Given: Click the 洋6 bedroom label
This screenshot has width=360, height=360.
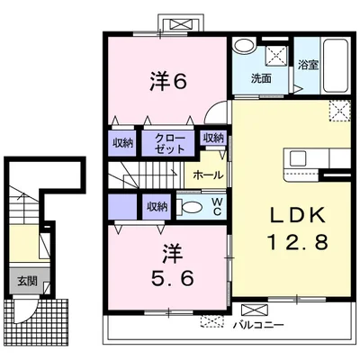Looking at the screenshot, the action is [x=168, y=82].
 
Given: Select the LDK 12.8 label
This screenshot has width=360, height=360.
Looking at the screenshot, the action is [x=298, y=229].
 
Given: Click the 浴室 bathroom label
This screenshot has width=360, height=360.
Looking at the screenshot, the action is [x=308, y=65].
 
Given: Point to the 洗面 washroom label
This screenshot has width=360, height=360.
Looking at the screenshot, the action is [x=261, y=78].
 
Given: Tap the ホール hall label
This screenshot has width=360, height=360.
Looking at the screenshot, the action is [x=208, y=175].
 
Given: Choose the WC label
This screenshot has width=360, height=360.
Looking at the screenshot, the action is [x=217, y=206].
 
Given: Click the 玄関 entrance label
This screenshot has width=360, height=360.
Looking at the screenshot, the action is [x=27, y=281].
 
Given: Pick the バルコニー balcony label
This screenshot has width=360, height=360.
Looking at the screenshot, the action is [x=259, y=325].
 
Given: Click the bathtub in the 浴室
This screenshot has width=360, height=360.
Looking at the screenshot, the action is [x=336, y=65].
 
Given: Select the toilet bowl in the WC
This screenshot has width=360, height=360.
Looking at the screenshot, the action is [x=192, y=207].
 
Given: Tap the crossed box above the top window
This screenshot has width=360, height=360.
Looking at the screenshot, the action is [x=181, y=23].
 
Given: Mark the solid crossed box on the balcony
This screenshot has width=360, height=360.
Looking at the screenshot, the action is [x=255, y=310].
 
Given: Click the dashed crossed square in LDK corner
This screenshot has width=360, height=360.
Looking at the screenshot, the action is [x=340, y=111].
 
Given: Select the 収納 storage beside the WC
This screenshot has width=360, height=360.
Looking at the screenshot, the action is [x=157, y=207].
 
